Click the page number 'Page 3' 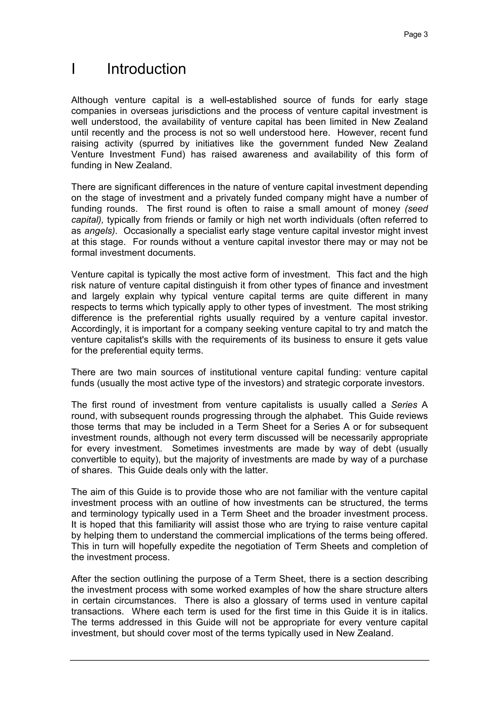click(x=415, y=35)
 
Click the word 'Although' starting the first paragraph click(x=89, y=100)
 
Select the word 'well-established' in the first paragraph click(x=243, y=100)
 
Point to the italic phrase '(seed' click(x=416, y=209)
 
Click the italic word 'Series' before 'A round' click(x=404, y=405)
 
